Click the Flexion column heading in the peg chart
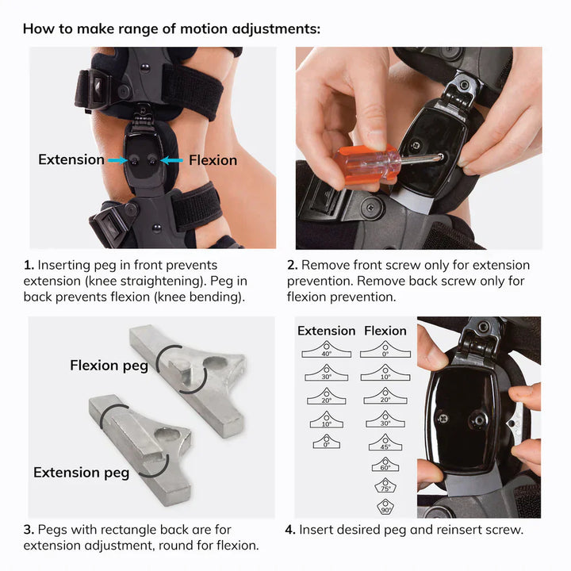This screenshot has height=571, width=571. [385, 331]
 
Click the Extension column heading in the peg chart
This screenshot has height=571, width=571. [326, 331]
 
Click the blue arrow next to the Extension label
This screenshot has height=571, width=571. [116, 160]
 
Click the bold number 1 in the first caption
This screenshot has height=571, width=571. [28, 265]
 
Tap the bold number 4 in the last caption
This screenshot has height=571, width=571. [289, 530]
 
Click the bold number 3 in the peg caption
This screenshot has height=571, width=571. [28, 530]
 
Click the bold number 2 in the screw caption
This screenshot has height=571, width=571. [291, 265]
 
